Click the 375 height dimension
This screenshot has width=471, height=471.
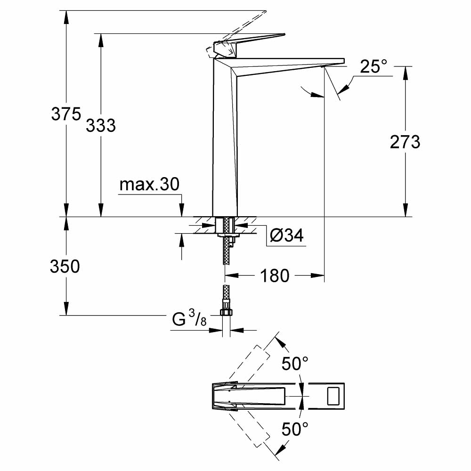[x=66, y=114]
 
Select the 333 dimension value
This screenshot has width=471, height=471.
[x=101, y=125]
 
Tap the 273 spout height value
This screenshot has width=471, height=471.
[x=405, y=142]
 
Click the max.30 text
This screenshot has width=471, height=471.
[x=149, y=184]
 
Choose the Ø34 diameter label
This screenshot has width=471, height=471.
[x=287, y=235]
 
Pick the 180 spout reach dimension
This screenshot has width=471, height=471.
[x=275, y=276]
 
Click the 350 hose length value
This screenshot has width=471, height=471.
[x=65, y=267]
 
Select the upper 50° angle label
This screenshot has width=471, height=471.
[x=295, y=363]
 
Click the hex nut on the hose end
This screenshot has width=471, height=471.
[x=226, y=312]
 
